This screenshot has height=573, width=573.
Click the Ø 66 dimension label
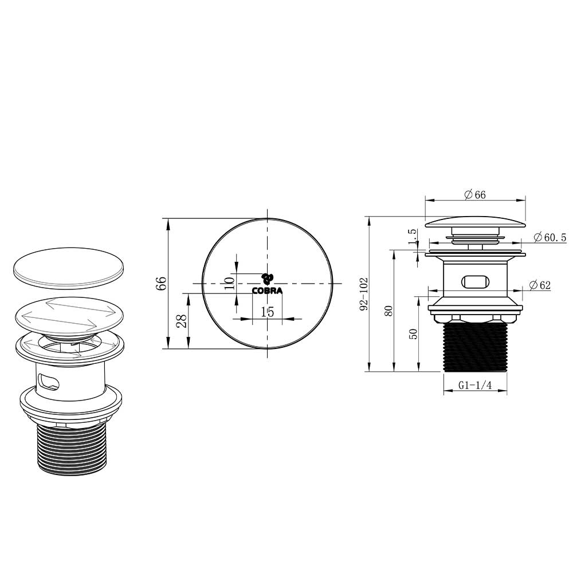475,195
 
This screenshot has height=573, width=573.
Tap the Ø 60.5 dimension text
550,238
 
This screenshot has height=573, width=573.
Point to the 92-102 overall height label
364,294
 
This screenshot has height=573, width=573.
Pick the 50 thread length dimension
413,333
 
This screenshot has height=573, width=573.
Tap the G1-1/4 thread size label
475,385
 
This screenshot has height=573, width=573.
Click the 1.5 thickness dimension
413,237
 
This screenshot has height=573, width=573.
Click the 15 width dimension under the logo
267,312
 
